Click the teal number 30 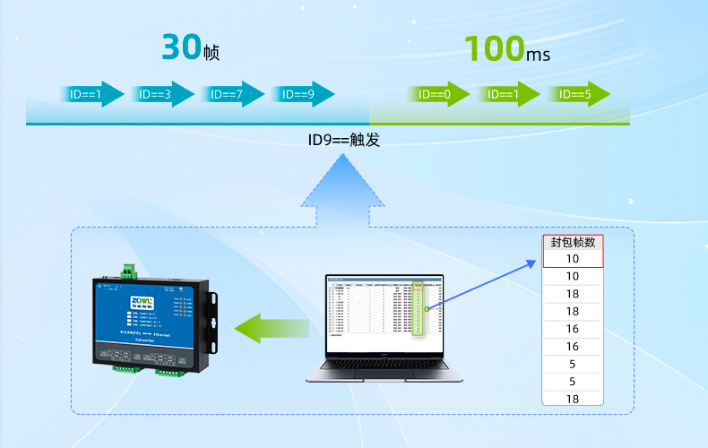click(181, 47)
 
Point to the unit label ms click(539, 55)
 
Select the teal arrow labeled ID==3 click(162, 94)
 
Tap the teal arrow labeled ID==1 click(91, 94)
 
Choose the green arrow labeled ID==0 click(439, 94)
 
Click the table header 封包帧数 click(573, 242)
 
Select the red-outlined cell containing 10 click(573, 259)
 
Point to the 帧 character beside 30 click(211, 54)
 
